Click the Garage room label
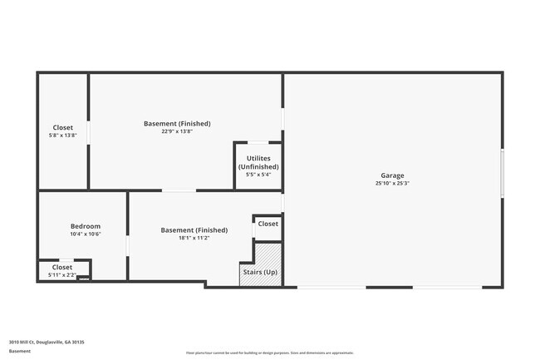(392, 175)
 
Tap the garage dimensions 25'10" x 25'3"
(392, 184)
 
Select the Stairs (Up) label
(260, 272)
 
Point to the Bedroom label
(85, 226)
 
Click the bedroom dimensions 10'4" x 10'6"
(85, 234)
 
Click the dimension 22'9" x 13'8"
(177, 131)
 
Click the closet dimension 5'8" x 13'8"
(63, 136)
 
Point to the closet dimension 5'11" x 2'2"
(62, 274)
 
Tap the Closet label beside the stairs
(268, 224)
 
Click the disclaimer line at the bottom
(269, 353)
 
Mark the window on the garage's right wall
(502, 174)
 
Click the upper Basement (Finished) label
(177, 123)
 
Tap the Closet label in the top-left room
(63, 127)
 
